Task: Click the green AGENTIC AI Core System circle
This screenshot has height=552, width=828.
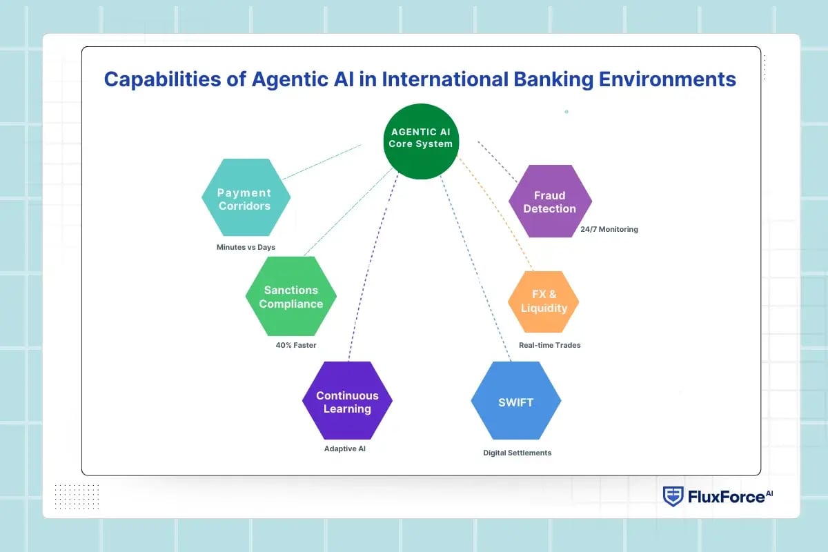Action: [420, 141]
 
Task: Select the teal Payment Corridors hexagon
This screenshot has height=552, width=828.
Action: [246, 198]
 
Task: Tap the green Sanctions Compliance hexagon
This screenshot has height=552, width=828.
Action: [290, 297]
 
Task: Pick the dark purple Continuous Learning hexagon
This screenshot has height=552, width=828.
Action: [347, 401]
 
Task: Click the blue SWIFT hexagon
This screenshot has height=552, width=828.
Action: [515, 401]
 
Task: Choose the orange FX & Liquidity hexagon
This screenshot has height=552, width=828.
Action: [543, 302]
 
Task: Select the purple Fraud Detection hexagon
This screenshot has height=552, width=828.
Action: [549, 201]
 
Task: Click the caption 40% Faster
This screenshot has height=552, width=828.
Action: [296, 345]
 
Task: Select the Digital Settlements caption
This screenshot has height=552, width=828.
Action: [517, 453]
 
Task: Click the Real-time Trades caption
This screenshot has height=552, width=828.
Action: [549, 345]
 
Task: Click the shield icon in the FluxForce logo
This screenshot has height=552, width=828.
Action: [673, 496]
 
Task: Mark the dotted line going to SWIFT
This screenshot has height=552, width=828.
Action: [476, 269]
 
